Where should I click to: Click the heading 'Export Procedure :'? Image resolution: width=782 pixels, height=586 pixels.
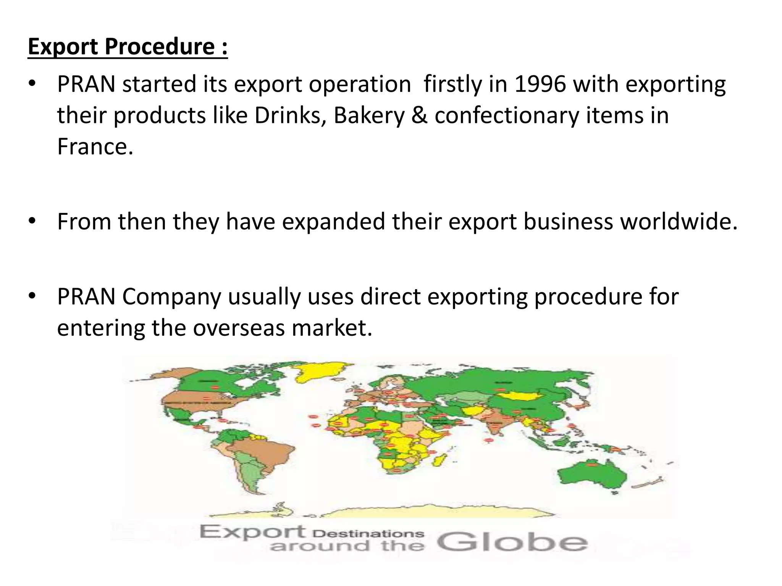(128, 47)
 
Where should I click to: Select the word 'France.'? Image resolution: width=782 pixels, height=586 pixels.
(95, 146)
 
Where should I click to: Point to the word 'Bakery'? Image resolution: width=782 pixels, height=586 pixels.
(369, 116)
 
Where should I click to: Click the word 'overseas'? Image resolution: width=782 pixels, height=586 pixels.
(239, 328)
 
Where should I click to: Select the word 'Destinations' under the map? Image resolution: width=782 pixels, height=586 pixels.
(371, 534)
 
